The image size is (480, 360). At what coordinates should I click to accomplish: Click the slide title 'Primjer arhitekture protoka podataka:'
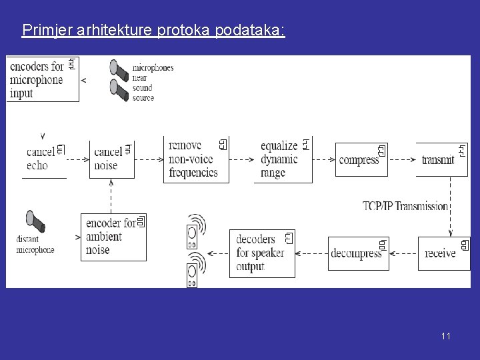click(153, 31)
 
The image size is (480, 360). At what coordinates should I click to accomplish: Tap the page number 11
click(445, 336)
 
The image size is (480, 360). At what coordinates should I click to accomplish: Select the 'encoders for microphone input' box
click(43, 79)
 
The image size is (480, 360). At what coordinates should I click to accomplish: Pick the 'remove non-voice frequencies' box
click(196, 159)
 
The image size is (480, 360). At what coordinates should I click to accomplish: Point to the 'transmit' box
click(441, 160)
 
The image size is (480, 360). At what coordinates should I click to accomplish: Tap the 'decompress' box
click(358, 253)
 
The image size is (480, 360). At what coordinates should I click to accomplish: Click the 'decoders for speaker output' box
click(262, 253)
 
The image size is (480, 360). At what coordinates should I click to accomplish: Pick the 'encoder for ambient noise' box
click(113, 235)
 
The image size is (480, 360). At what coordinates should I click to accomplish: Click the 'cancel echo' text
click(37, 159)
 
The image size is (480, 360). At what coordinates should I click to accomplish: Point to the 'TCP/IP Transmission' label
click(405, 206)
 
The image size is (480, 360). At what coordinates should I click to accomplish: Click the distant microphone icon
click(33, 221)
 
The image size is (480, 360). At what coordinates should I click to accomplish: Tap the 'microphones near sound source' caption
click(153, 83)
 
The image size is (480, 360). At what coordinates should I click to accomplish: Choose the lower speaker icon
click(193, 273)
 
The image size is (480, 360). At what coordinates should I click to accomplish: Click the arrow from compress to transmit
click(403, 160)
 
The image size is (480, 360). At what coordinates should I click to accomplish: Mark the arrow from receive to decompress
click(403, 253)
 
